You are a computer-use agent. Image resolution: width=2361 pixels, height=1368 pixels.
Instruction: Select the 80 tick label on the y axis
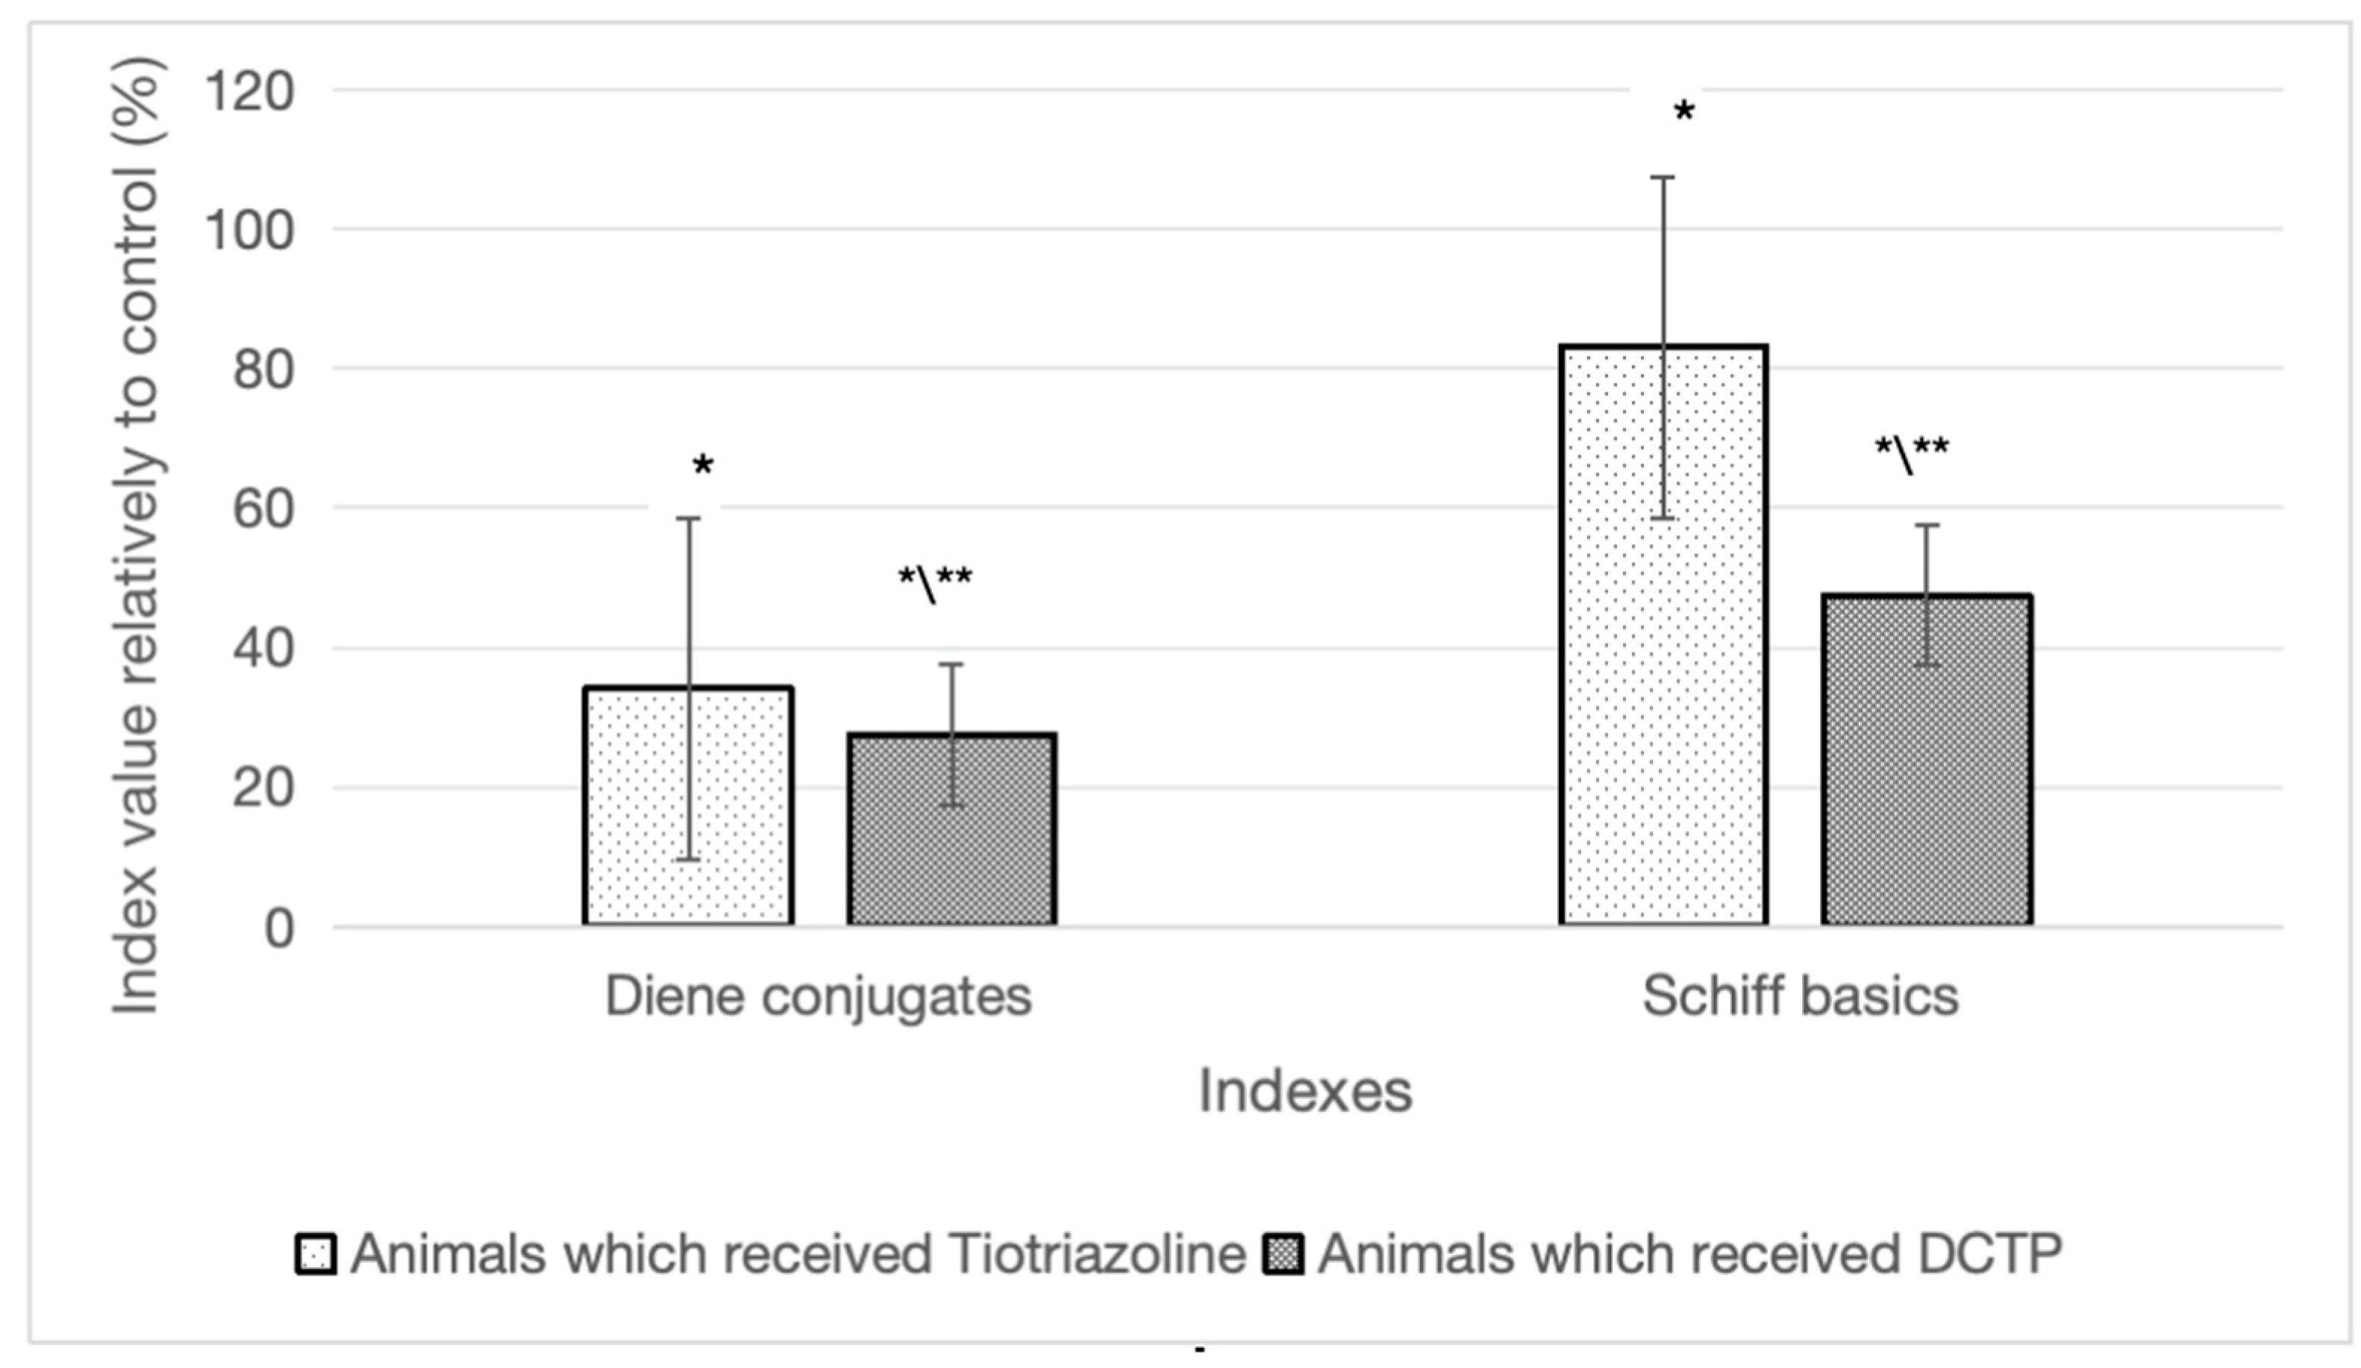coord(263,369)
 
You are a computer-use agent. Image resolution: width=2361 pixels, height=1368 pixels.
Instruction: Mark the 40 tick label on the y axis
coord(263,649)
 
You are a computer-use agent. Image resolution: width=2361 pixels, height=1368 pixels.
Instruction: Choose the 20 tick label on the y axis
coord(263,788)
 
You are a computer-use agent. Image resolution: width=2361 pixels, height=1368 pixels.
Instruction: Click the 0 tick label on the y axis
coord(279,928)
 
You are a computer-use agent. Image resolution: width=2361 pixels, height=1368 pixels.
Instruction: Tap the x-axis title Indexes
coord(1305,1092)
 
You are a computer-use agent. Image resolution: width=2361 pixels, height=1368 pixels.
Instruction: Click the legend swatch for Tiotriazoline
coord(316,1254)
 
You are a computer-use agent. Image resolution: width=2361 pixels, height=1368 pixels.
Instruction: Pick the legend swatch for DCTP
coord(1283,1254)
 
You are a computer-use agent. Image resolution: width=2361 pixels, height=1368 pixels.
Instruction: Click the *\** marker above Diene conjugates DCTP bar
coord(935,581)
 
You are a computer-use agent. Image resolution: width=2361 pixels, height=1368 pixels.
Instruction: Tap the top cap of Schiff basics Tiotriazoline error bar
coord(1663,177)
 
